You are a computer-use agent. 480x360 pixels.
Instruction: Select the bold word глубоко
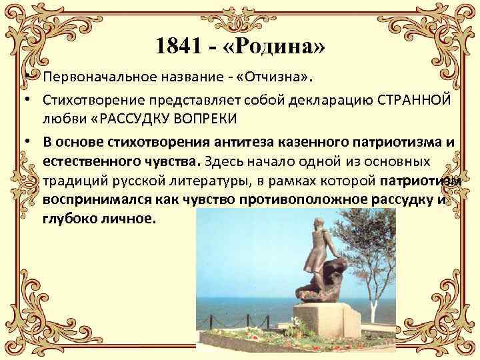point(69,219)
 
